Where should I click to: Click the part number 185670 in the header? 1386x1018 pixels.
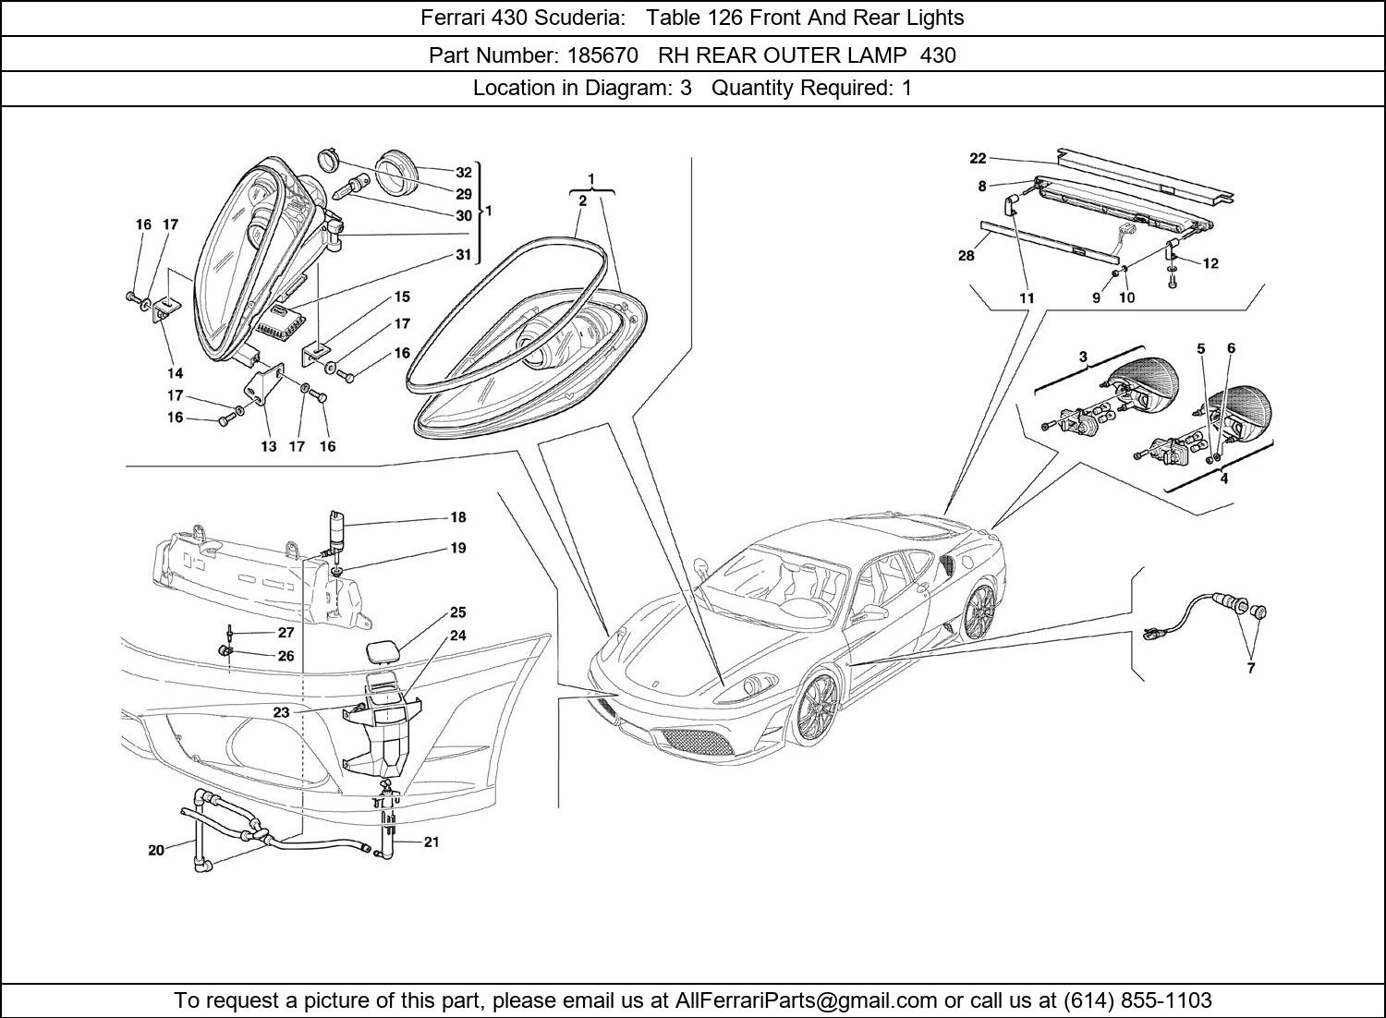tap(598, 55)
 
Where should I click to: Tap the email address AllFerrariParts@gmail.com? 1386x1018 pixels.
tap(807, 1000)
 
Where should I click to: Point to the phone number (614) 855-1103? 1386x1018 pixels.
tap(1137, 1000)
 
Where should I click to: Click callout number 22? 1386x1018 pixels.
tap(978, 158)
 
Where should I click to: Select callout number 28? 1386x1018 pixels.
tap(966, 255)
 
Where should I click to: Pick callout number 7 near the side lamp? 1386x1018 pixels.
tap(1251, 668)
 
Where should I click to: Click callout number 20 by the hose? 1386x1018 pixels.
tap(156, 850)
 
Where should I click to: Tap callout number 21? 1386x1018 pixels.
tap(432, 842)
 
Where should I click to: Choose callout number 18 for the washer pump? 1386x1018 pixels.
tap(458, 517)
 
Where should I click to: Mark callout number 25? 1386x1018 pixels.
tap(458, 612)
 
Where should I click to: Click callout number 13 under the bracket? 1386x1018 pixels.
tap(268, 446)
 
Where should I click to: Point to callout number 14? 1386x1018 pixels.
tap(175, 373)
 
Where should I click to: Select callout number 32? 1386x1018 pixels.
tap(463, 172)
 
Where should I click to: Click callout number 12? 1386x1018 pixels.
tap(1210, 263)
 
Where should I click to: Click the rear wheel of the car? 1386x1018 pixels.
tap(977, 611)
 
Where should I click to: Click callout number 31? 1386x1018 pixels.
tap(463, 255)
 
